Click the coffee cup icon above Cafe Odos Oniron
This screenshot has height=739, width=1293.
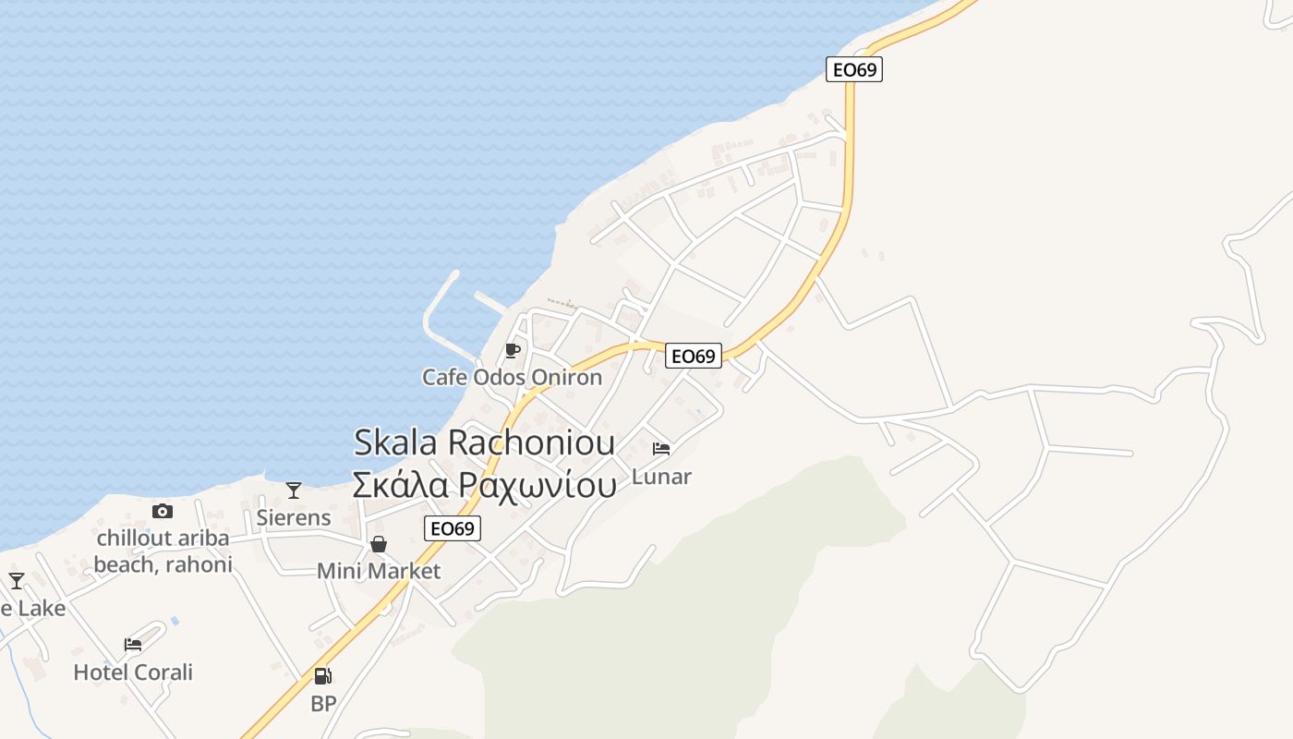(x=513, y=350)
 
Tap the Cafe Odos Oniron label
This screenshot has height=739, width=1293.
(x=512, y=377)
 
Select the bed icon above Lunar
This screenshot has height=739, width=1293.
(x=661, y=449)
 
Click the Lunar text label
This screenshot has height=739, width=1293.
(x=661, y=477)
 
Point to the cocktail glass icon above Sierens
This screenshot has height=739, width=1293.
(x=294, y=491)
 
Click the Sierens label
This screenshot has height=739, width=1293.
(x=294, y=517)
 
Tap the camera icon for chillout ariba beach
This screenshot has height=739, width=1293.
(x=163, y=511)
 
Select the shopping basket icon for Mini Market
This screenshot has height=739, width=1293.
(x=379, y=544)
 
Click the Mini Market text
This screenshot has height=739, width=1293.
(x=379, y=571)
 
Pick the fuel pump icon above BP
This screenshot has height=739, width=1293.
(x=322, y=676)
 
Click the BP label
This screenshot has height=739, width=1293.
(x=323, y=704)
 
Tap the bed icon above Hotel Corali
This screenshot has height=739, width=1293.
(x=133, y=645)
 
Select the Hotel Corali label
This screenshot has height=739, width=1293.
(x=133, y=672)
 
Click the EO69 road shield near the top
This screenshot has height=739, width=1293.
(x=853, y=69)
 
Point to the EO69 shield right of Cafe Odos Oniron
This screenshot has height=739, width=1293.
(x=694, y=356)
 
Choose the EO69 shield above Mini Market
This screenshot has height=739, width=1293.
(x=453, y=528)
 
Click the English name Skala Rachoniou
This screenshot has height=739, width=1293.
(x=484, y=442)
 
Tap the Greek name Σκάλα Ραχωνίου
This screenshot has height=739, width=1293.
(x=484, y=485)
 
